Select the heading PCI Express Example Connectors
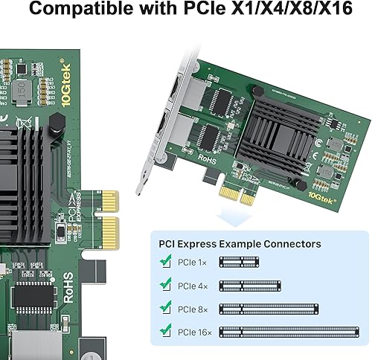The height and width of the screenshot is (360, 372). (x=240, y=243)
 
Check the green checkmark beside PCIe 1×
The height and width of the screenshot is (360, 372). (x=166, y=261)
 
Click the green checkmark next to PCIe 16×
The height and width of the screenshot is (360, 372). (x=166, y=330)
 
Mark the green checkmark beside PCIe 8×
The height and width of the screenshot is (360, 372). (x=166, y=307)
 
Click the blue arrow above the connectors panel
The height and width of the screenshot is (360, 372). (x=227, y=215)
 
